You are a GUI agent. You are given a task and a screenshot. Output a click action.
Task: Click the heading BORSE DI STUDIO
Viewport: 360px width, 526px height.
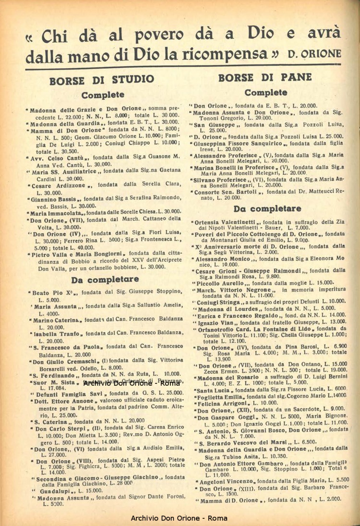pos(102,79)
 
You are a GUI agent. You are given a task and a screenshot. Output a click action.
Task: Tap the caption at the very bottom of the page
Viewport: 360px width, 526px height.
pos(179,518)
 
